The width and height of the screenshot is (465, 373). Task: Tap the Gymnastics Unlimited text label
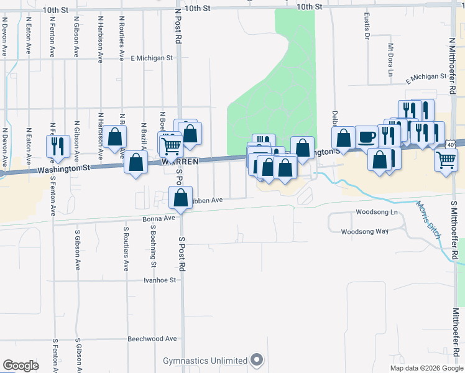[205, 361]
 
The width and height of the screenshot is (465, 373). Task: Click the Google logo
[21, 366]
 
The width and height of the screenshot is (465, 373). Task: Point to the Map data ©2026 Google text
[426, 368]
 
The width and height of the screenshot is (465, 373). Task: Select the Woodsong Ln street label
[376, 212]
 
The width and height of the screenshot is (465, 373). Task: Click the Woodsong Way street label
[364, 231]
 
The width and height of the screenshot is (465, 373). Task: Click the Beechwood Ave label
[152, 339]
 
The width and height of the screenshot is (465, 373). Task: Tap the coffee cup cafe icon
[366, 136]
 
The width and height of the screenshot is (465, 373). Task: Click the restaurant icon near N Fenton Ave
[54, 145]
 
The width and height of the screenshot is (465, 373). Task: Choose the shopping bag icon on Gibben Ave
[180, 198]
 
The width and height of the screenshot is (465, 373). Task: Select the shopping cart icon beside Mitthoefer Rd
[446, 159]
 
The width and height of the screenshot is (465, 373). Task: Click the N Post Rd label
[178, 25]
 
